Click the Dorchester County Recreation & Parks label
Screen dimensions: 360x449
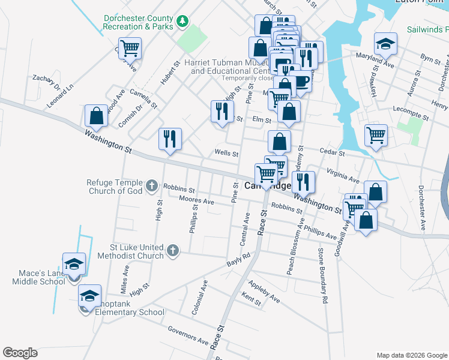[137, 22]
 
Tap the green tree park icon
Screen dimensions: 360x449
[182, 23]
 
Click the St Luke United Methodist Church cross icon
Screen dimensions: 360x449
[172, 251]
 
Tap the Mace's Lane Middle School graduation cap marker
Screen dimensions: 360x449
[74, 265]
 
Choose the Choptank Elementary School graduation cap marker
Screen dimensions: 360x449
[89, 296]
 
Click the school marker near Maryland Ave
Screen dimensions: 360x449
[385, 44]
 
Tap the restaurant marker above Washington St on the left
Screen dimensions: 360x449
[170, 139]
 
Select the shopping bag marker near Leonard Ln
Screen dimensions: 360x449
[96, 116]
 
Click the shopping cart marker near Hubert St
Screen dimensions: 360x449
[130, 48]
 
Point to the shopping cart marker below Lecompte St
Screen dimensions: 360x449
[376, 135]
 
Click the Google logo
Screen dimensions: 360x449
[20, 353]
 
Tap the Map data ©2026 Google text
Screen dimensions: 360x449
[411, 355]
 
